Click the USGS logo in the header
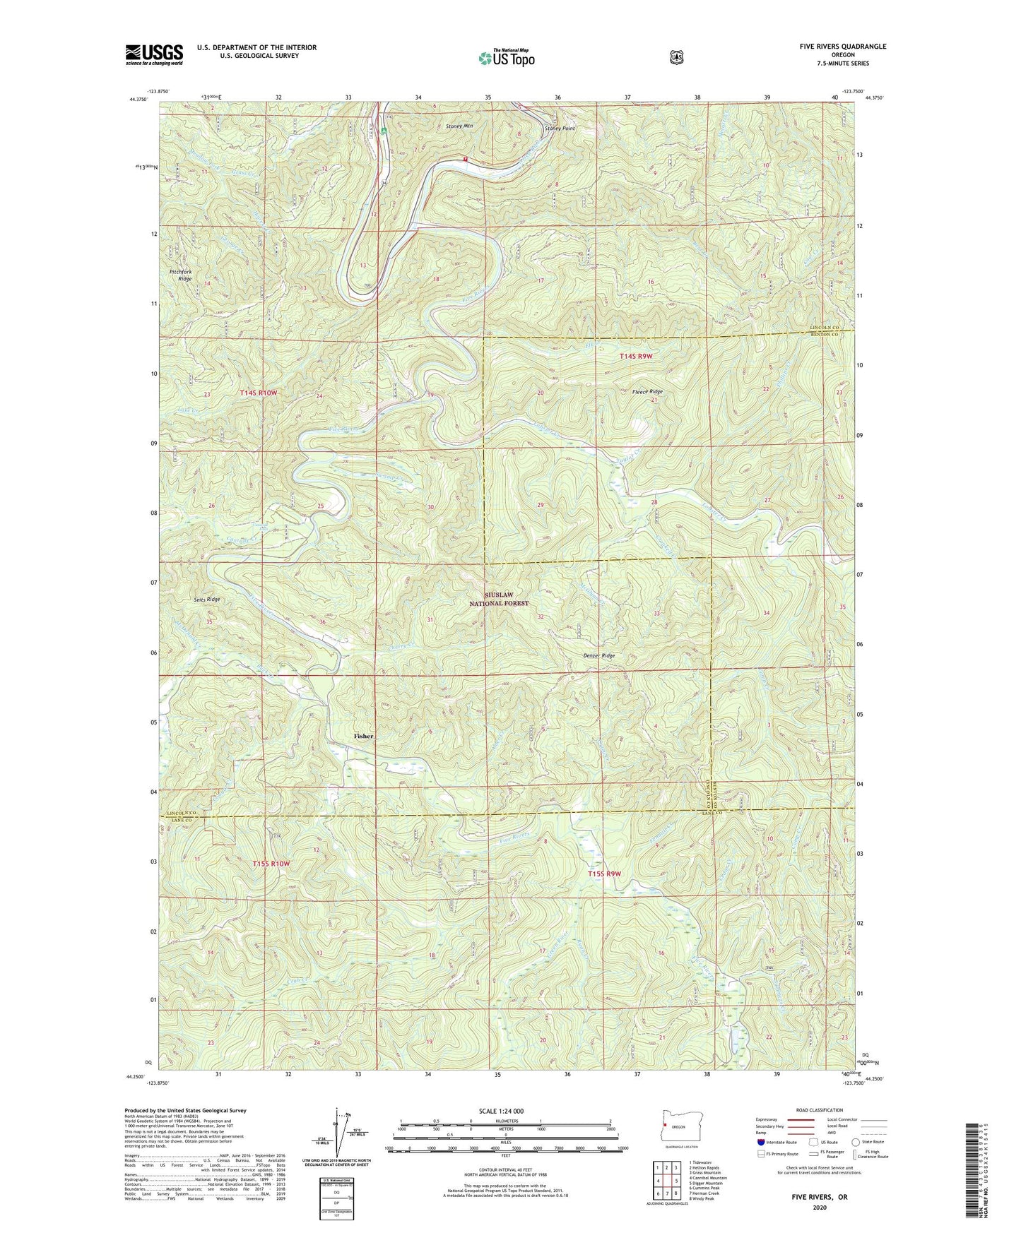tap(154, 54)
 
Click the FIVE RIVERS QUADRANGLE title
tap(839, 47)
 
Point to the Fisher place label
tap(363, 736)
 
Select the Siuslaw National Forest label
tap(499, 600)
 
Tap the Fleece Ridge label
tap(646, 391)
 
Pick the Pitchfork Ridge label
tap(180, 275)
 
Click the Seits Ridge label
tap(207, 599)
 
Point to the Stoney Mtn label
tap(459, 126)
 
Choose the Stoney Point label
tap(559, 129)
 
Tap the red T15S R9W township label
tap(604, 874)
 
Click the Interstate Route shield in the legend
tap(760, 1142)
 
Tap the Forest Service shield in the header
tap(677, 57)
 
